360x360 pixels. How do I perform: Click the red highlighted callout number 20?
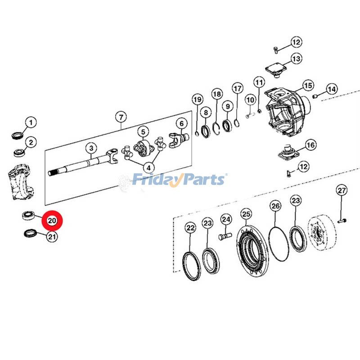click(52, 221)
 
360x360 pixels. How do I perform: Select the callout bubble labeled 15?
click(307, 85)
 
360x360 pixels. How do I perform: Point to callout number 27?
click(342, 190)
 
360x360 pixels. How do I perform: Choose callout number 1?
click(30, 122)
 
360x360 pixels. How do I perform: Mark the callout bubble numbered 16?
click(310, 145)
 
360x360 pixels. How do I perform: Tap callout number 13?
click(296, 58)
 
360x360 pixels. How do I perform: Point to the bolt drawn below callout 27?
click(342, 220)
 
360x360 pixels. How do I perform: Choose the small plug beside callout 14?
click(316, 96)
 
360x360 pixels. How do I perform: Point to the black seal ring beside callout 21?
click(30, 233)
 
